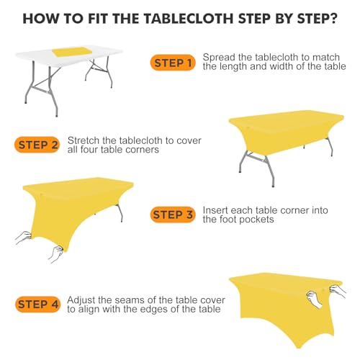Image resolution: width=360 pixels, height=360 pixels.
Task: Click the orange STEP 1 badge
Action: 173,63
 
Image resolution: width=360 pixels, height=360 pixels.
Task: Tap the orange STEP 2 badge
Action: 37,145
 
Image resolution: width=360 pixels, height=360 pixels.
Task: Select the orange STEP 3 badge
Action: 173,215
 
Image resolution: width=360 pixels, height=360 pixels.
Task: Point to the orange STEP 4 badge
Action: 37,305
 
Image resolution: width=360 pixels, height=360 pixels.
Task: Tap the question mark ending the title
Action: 333,19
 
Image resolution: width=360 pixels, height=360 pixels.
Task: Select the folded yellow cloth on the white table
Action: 73,52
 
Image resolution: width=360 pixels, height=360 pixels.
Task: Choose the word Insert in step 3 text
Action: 215,210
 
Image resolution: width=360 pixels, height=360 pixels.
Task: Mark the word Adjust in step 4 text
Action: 81,300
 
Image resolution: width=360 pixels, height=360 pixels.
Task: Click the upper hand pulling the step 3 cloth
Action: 24,236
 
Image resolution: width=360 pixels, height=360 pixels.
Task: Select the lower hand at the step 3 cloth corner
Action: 56,253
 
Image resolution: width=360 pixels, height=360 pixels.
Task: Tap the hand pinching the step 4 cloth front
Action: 315,300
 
